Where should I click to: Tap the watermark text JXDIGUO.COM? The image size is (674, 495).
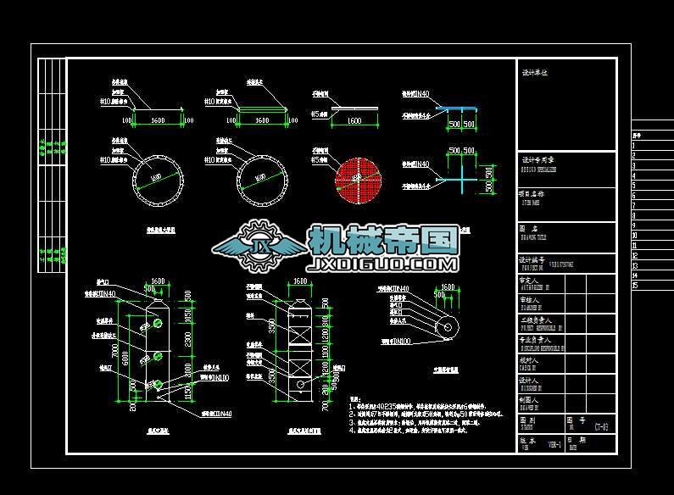[x=383, y=264]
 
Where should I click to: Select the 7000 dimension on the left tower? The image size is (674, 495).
[x=115, y=350]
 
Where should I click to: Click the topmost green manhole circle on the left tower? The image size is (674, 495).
[x=158, y=324]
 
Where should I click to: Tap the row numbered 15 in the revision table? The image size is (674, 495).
[x=635, y=285]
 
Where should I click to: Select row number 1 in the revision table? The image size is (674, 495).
[x=635, y=145]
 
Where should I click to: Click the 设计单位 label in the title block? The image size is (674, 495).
[x=535, y=73]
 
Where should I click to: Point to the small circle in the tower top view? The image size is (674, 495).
[x=446, y=326]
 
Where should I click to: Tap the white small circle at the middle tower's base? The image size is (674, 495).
[x=298, y=385]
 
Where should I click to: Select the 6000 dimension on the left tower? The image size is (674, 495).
[x=127, y=360]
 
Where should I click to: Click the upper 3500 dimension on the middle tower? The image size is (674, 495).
[x=271, y=325]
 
